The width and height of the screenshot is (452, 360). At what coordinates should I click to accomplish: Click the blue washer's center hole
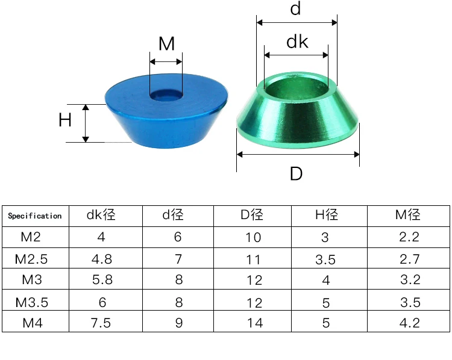166,95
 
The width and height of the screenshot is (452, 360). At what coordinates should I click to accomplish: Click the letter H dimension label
65,120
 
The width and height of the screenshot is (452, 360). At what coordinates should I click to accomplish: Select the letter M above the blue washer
166,43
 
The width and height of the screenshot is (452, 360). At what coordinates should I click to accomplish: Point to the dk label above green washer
297,42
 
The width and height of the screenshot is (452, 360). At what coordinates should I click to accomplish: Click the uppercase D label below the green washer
296,173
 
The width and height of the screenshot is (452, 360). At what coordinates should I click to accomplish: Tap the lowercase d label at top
295,8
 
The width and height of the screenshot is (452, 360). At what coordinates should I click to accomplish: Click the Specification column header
35,216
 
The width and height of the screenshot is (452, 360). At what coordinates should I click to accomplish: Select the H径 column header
326,215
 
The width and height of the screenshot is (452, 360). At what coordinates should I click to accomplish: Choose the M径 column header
407,215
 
